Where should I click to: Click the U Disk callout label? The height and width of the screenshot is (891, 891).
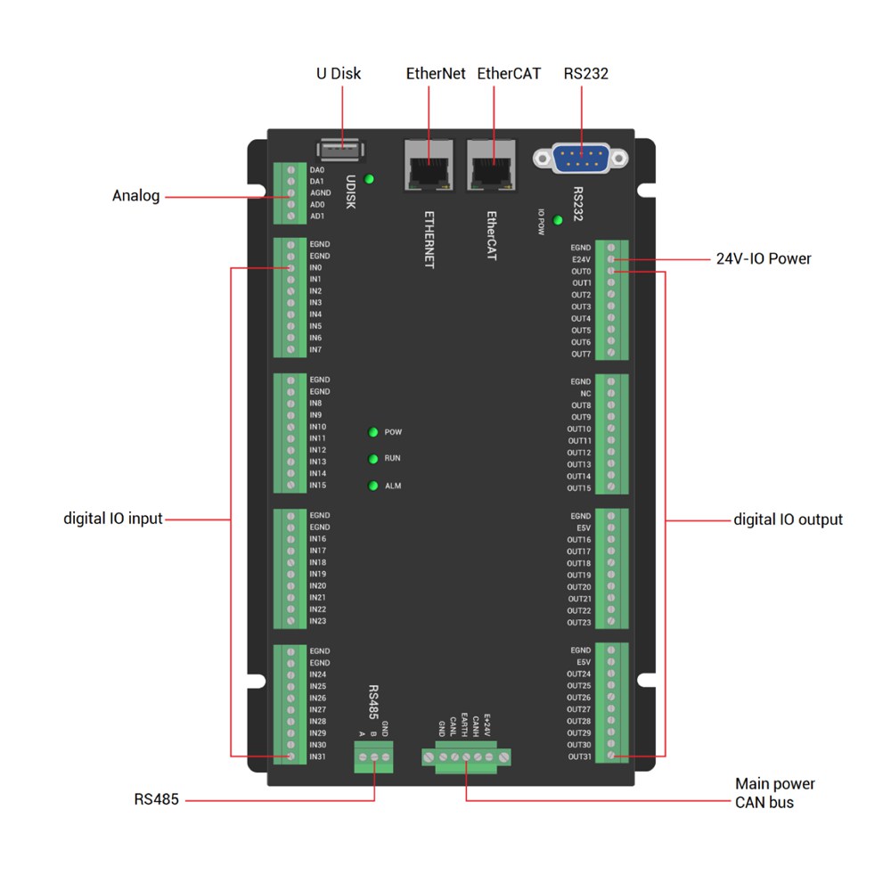pyautogui.click(x=339, y=74)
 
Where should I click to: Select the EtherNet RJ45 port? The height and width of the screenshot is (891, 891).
pyautogui.click(x=429, y=166)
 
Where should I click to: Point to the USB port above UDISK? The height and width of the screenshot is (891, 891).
pyautogui.click(x=339, y=148)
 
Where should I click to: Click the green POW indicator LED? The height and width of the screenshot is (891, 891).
pyautogui.click(x=373, y=432)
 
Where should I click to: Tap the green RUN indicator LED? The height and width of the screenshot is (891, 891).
pyautogui.click(x=373, y=459)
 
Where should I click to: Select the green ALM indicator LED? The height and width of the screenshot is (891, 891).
pyautogui.click(x=373, y=486)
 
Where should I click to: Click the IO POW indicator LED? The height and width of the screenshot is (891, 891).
pyautogui.click(x=559, y=220)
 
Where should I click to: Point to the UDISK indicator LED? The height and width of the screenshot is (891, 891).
pyautogui.click(x=370, y=179)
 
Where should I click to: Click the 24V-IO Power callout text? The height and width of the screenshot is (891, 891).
pyautogui.click(x=764, y=259)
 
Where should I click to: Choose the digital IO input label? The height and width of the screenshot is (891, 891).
pyautogui.click(x=113, y=519)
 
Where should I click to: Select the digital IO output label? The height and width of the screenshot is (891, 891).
pyautogui.click(x=788, y=519)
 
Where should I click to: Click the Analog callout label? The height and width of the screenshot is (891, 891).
pyautogui.click(x=135, y=196)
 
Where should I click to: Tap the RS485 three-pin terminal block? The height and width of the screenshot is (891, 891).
pyautogui.click(x=374, y=758)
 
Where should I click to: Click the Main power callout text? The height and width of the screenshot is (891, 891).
pyautogui.click(x=774, y=784)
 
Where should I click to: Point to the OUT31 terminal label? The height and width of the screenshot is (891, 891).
pyautogui.click(x=579, y=756)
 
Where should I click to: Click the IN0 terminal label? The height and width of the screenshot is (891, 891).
pyautogui.click(x=315, y=267)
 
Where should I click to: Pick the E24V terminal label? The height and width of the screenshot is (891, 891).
pyautogui.click(x=581, y=259)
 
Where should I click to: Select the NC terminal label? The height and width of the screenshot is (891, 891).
pyautogui.click(x=585, y=393)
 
